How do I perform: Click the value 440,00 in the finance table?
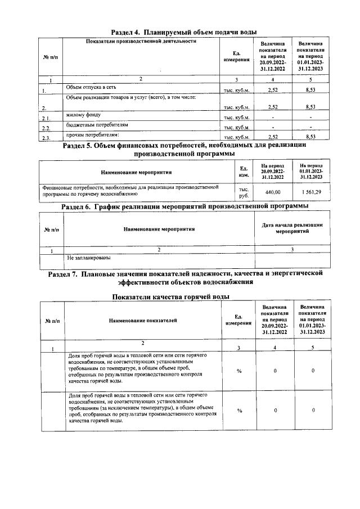272,192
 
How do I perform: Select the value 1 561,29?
310,192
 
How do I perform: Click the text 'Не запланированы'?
88,258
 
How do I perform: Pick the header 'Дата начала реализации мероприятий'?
292,228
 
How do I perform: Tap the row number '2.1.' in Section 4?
47,118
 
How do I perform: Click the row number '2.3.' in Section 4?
47,138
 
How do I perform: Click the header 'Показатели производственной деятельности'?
141,42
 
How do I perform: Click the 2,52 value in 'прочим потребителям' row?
273,137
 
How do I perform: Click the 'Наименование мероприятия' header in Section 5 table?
136,172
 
